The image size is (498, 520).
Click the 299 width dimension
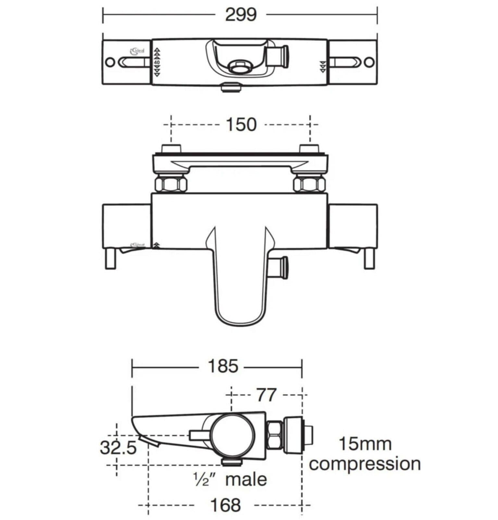(241, 15)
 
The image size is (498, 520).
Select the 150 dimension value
(241, 124)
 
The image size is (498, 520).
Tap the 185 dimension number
(223, 366)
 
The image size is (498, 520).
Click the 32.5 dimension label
(118, 448)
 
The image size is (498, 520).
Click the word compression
(365, 464)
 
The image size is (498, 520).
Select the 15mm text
(365, 444)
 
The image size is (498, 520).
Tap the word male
(246, 480)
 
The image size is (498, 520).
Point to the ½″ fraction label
(204, 480)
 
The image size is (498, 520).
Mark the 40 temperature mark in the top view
(157, 62)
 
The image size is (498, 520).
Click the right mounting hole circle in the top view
(369, 62)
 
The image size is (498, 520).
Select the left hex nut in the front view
(171, 185)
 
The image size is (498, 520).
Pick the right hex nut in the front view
(309, 185)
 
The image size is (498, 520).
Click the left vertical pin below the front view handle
(111, 258)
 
